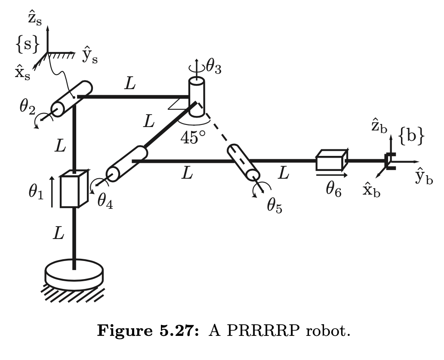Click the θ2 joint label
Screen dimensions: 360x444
pyautogui.click(x=27, y=107)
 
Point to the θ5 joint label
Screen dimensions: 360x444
pyautogui.click(x=274, y=206)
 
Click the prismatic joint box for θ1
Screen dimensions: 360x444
pyautogui.click(x=74, y=189)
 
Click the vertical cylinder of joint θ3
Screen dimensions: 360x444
pyautogui.click(x=197, y=97)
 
